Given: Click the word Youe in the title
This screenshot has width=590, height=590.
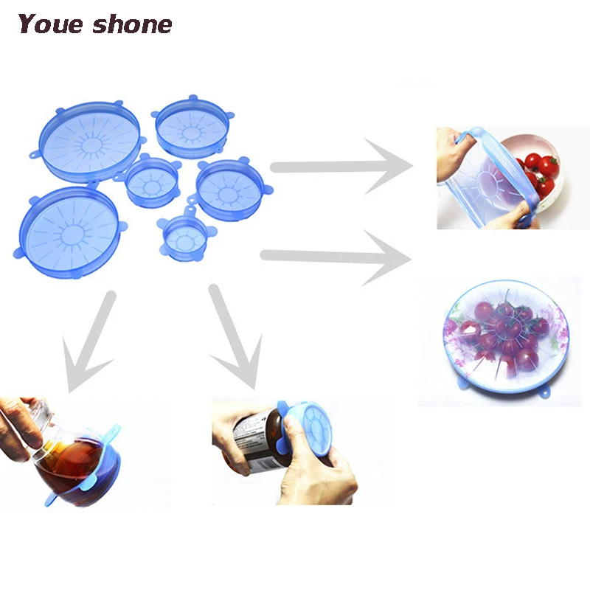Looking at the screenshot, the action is [x=50, y=24].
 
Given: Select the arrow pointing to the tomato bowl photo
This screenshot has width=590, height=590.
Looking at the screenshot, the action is [x=339, y=167].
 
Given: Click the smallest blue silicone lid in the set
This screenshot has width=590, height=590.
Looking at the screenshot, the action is [x=185, y=237].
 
